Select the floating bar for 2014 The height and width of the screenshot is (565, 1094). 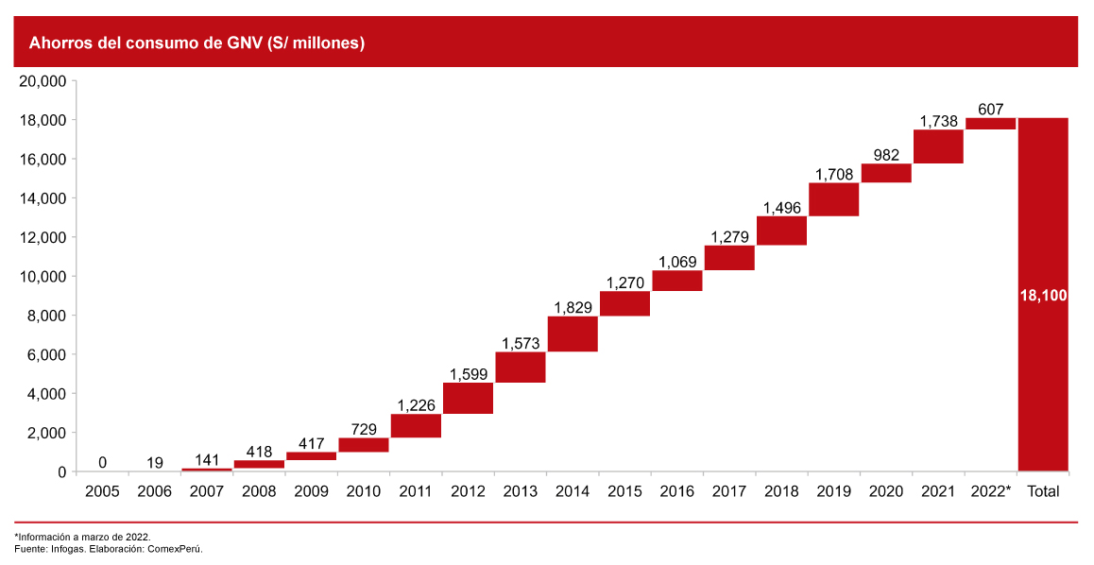pyautogui.click(x=573, y=334)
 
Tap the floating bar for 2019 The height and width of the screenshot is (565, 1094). pyautogui.click(x=834, y=199)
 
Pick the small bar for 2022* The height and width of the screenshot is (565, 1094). pyautogui.click(x=990, y=124)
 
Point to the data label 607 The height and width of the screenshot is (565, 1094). pyautogui.click(x=990, y=110)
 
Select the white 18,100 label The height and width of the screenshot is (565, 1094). pyautogui.click(x=1043, y=296)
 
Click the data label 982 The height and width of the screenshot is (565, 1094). pyautogui.click(x=886, y=155)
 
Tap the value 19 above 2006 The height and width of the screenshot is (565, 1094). pyautogui.click(x=155, y=463)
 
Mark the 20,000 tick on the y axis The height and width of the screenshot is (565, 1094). pyautogui.click(x=42, y=81)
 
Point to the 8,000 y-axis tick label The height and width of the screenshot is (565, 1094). pyautogui.click(x=45, y=316)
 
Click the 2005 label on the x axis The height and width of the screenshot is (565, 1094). pyautogui.click(x=102, y=491)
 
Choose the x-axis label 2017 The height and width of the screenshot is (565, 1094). pyautogui.click(x=729, y=491)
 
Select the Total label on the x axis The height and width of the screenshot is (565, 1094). pyautogui.click(x=1043, y=491)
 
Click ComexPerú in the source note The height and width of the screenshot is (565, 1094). pyautogui.click(x=179, y=548)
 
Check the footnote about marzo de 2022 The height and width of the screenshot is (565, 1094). pyautogui.click(x=82, y=536)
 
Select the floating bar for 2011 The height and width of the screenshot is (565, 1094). pyautogui.click(x=416, y=426)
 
